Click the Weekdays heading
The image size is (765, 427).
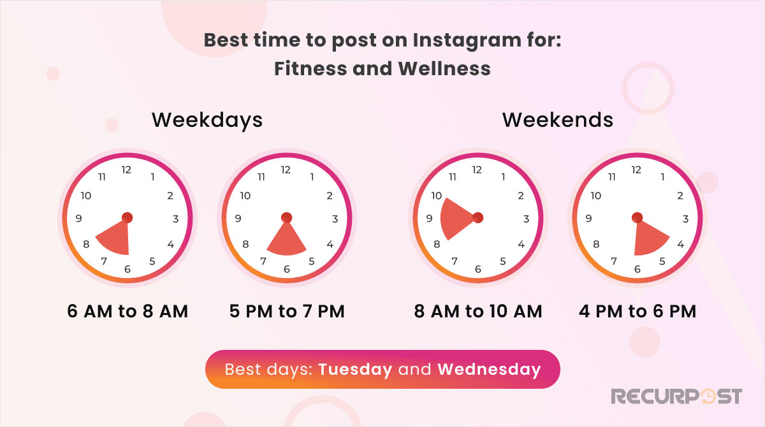[207, 120]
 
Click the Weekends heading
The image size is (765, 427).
[558, 120]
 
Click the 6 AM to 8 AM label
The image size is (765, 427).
[127, 312]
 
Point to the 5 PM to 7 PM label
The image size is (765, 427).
[287, 312]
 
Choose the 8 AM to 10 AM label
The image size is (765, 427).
[478, 312]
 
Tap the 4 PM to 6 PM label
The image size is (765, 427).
[637, 312]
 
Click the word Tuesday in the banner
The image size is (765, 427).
[355, 370]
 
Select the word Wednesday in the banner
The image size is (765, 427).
[489, 370]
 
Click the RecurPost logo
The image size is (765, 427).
[676, 396]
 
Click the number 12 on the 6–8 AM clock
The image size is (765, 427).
[127, 170]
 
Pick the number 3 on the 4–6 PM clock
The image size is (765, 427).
[685, 219]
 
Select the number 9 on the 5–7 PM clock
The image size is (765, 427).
[238, 219]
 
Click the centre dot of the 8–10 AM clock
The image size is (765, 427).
[477, 218]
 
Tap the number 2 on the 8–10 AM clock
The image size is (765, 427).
[521, 196]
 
